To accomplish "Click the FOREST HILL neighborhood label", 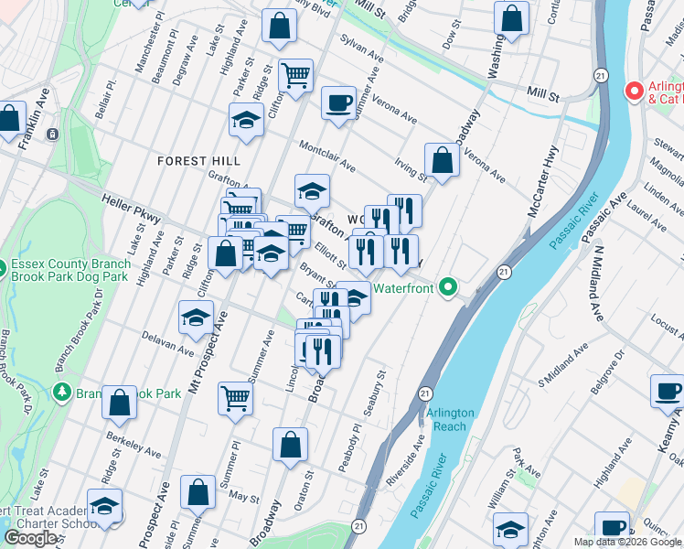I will pyautogui.click(x=198, y=160).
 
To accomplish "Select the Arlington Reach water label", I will pyautogui.click(x=449, y=419).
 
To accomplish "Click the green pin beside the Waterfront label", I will pyautogui.click(x=447, y=287).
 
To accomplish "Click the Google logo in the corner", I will pyautogui.click(x=32, y=538).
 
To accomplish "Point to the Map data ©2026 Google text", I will pyautogui.click(x=627, y=542).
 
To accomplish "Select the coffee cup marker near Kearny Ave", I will pyautogui.click(x=667, y=391).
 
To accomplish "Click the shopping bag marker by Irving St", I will pyautogui.click(x=442, y=161).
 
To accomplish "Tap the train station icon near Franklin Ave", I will pyautogui.click(x=52, y=134).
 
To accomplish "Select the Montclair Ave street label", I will pyautogui.click(x=326, y=155).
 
